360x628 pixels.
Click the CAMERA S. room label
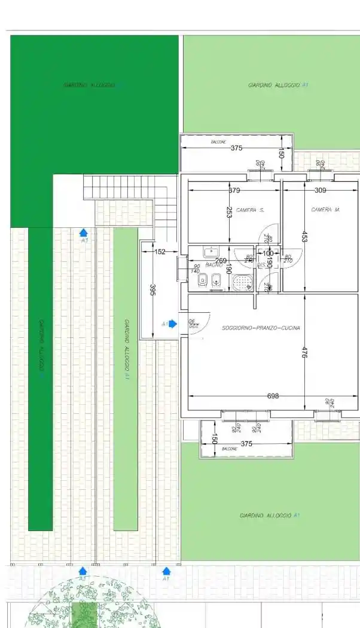pyautogui.click(x=250, y=211)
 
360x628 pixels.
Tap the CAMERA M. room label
pyautogui.click(x=325, y=210)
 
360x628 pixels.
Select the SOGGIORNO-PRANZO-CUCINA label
pyautogui.click(x=261, y=328)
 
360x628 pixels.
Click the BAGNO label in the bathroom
pyautogui.click(x=213, y=265)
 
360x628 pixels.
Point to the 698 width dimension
pyautogui.click(x=273, y=396)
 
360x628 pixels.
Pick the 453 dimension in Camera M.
pyautogui.click(x=304, y=236)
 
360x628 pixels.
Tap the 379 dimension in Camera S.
pyautogui.click(x=234, y=191)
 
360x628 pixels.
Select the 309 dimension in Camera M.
pyautogui.click(x=321, y=191)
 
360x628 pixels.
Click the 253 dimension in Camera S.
pyautogui.click(x=229, y=212)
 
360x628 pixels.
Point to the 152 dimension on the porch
pyautogui.click(x=160, y=252)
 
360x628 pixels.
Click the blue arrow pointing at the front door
pyautogui.click(x=172, y=324)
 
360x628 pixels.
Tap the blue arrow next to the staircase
pyautogui.click(x=84, y=232)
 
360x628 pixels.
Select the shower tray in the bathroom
pyautogui.click(x=242, y=282)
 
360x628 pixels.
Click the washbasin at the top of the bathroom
pyautogui.click(x=210, y=251)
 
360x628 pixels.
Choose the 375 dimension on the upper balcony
pyautogui.click(x=236, y=148)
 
